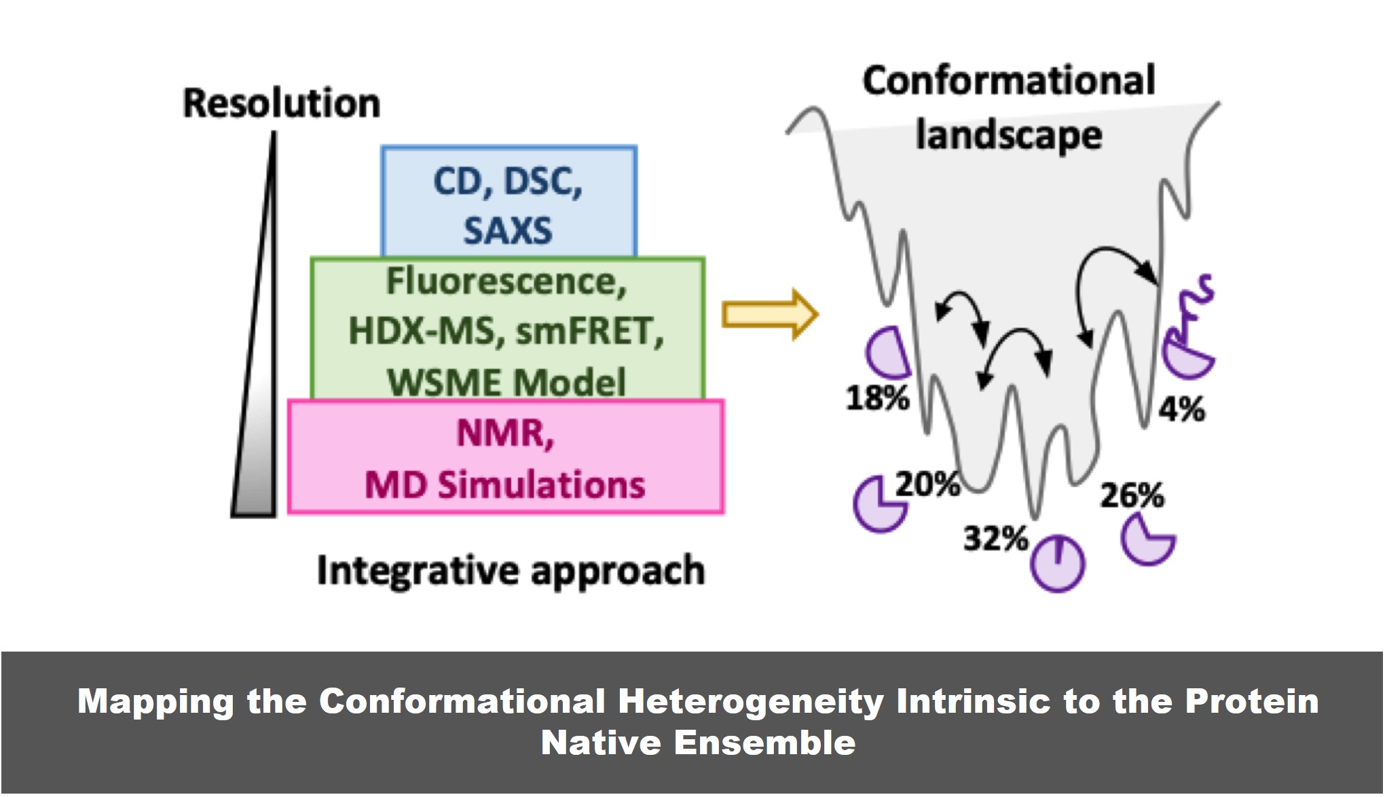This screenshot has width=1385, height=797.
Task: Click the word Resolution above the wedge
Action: pos(281,104)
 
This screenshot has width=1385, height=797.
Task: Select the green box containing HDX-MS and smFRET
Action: pos(507,329)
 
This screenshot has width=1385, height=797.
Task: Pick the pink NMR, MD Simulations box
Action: pos(506,457)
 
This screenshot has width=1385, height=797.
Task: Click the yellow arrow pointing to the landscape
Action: pos(769,315)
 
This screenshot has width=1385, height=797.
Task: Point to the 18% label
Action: pos(877,397)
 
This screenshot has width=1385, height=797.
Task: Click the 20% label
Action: pos(927,484)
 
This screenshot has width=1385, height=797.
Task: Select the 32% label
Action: pos(996,539)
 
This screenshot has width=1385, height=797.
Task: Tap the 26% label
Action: pos(1132,495)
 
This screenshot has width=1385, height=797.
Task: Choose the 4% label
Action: pos(1182,410)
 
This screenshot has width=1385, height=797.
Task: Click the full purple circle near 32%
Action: pos(1057,563)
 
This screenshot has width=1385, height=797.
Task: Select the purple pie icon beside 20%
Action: pos(879,505)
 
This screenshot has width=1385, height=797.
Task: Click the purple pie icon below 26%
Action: pos(1147,539)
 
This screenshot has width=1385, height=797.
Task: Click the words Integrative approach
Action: pos(511,570)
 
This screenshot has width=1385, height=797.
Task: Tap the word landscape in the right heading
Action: pos(1009,135)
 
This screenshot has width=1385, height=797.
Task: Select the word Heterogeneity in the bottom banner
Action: pos(751,701)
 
